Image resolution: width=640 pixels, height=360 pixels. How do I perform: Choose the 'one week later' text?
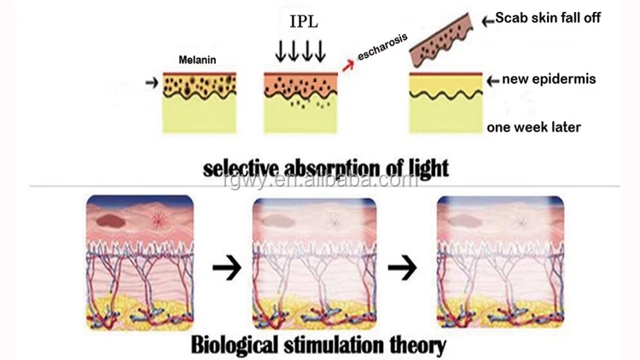coord(533,128)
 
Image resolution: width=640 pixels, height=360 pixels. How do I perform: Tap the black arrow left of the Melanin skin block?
coord(152,83)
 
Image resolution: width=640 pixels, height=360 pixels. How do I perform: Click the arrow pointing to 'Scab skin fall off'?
coord(490,20)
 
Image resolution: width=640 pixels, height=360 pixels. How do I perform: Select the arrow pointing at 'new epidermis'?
coord(492,80)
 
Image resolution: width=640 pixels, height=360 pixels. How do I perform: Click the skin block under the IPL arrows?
coord(300,102)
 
